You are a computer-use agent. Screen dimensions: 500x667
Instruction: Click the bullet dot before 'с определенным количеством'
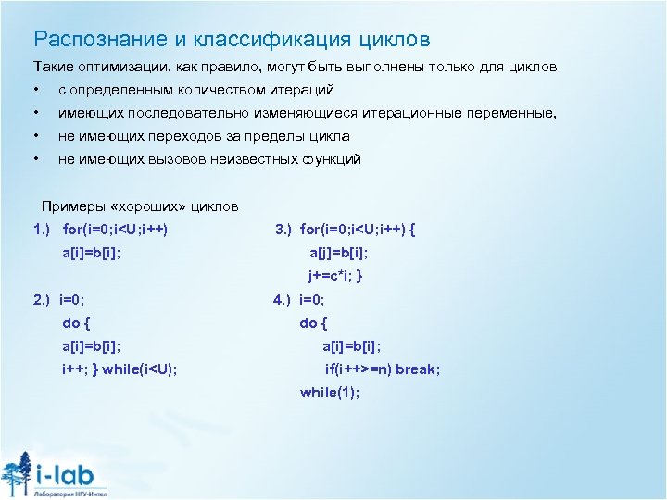[x=36, y=91]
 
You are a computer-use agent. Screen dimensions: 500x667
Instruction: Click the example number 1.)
[x=42, y=229]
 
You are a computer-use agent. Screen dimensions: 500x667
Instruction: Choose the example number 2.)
[x=42, y=300]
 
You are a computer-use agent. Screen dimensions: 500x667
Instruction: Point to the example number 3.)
[x=284, y=229]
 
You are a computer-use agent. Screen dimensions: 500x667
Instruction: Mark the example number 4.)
[x=283, y=300]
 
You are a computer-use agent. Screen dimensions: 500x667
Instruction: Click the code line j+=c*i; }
[x=335, y=276]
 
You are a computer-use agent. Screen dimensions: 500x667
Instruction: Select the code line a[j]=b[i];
[x=338, y=253]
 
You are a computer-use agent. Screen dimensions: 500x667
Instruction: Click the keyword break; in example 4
[x=418, y=369]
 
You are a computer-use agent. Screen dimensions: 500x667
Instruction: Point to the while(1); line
[x=329, y=393]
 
